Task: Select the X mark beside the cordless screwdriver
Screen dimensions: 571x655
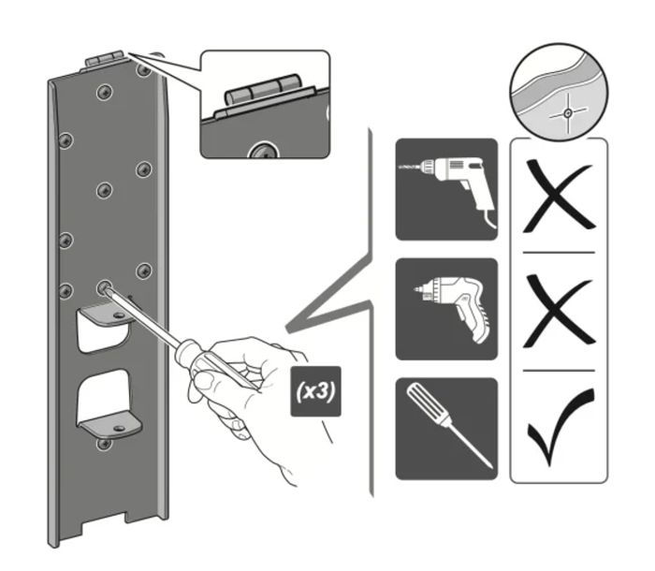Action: (559, 312)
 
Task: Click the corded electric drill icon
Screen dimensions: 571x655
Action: (445, 189)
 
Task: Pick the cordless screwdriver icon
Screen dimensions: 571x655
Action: (445, 310)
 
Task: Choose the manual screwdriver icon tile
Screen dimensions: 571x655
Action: (445, 429)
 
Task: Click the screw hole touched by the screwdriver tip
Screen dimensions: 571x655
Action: (104, 287)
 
